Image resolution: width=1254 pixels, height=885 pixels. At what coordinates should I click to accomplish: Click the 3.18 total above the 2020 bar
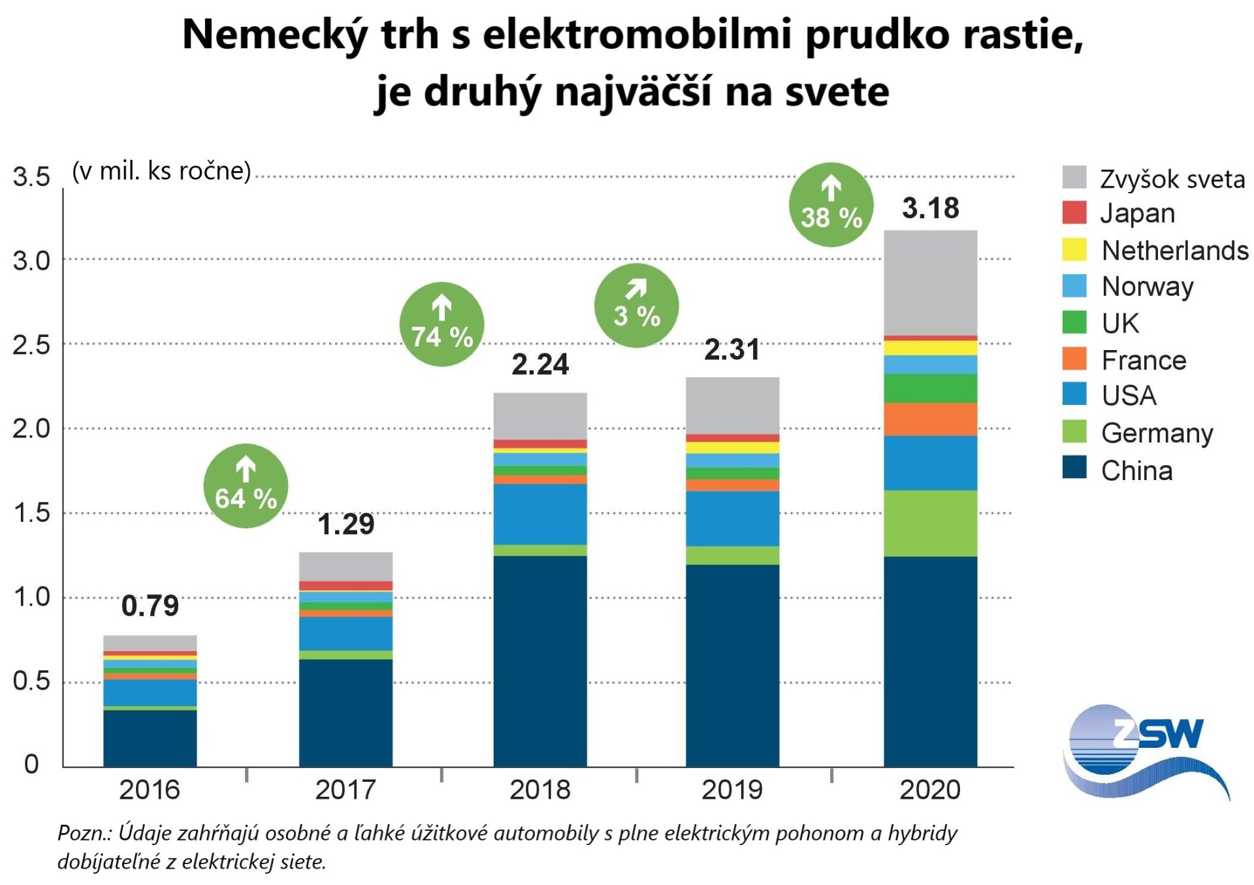click(x=930, y=209)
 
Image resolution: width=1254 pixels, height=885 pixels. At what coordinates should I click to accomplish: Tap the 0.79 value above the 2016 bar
click(x=150, y=606)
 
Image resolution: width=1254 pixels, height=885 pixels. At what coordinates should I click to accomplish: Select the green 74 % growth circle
click(x=442, y=325)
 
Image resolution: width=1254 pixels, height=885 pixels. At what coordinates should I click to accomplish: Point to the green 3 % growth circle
click(x=636, y=306)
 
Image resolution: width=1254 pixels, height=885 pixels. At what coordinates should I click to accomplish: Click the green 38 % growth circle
click(x=831, y=204)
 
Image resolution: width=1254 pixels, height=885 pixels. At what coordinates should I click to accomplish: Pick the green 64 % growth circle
click(x=246, y=486)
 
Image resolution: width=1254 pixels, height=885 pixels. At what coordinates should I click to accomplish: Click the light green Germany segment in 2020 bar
click(x=930, y=523)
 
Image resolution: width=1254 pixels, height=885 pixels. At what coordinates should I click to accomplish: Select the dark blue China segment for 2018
click(x=540, y=660)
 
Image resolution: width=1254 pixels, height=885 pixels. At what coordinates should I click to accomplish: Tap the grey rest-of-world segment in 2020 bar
click(x=930, y=283)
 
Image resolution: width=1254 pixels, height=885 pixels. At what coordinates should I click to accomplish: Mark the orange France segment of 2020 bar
click(x=930, y=419)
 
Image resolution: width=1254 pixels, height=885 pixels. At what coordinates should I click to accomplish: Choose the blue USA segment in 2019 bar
click(x=732, y=519)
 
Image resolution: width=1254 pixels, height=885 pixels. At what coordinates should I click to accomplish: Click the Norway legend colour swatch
click(x=1074, y=286)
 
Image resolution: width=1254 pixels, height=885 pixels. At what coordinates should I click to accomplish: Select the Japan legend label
click(x=1137, y=214)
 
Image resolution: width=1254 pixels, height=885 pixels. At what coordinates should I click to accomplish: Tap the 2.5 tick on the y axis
click(x=31, y=345)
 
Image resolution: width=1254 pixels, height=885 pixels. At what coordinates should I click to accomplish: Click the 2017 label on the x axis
click(x=345, y=790)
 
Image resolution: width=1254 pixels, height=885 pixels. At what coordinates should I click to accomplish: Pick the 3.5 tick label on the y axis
click(x=31, y=177)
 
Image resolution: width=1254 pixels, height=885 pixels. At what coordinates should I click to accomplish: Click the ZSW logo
click(x=1147, y=750)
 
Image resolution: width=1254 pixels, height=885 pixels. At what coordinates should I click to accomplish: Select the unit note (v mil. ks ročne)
click(x=161, y=171)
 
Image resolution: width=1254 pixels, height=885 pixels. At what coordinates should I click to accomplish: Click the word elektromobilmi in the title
click(x=637, y=34)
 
